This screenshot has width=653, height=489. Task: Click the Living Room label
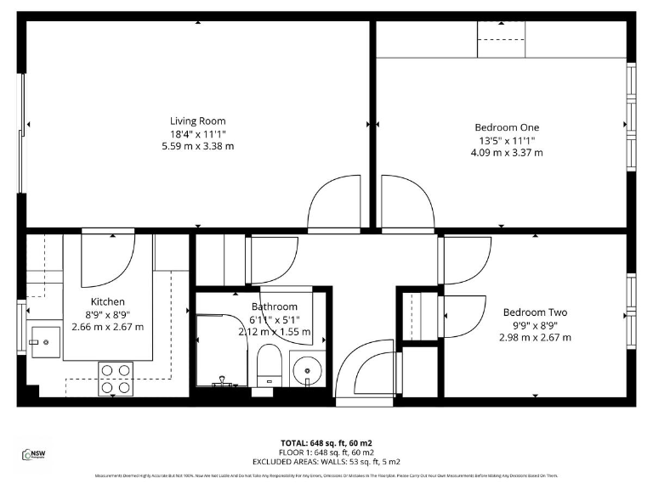[x=197, y=121]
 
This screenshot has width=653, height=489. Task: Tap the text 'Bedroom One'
[x=507, y=127]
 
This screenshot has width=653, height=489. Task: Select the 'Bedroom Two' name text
[x=535, y=312]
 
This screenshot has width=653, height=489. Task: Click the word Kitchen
[x=108, y=301]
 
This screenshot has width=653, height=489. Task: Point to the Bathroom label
[x=274, y=306]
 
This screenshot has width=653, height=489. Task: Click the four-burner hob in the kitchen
[x=117, y=379]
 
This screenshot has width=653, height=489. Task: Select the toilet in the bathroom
[x=268, y=363]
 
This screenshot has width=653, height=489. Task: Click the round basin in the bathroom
[x=305, y=369]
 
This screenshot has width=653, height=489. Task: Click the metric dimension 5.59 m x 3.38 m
[x=197, y=146]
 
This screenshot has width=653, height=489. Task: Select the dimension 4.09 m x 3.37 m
[x=507, y=153]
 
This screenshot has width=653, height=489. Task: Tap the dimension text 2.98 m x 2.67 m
[x=535, y=337]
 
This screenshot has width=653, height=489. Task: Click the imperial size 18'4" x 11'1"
[x=197, y=133]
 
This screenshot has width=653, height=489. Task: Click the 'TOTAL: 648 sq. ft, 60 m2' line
[x=326, y=443]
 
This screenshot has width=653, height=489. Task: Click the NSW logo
[x=33, y=455]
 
